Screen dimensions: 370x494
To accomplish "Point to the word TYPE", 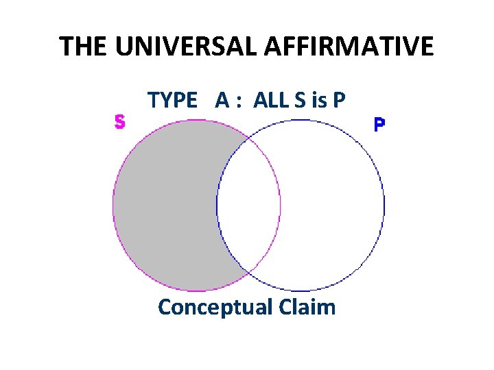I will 172,100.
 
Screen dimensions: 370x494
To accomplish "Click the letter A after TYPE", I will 222,100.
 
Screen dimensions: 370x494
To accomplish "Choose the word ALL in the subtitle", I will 268,100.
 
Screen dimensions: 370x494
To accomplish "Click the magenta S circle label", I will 119,122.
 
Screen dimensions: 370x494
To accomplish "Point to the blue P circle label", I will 379,125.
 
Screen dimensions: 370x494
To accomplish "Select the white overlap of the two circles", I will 248,206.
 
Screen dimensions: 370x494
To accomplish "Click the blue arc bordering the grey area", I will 217,206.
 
